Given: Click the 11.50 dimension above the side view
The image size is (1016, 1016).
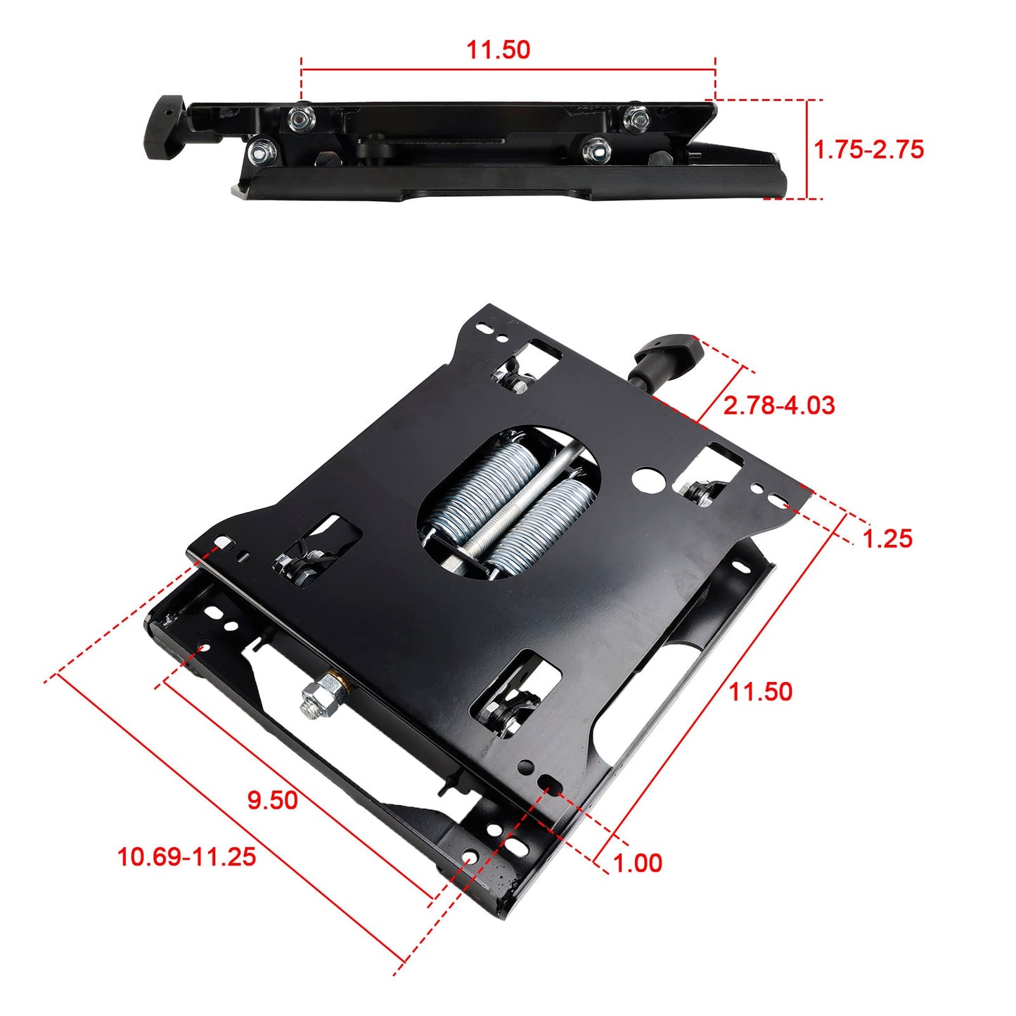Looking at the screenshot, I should click(499, 50).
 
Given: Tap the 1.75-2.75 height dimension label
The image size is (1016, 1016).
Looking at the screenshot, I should click(868, 150).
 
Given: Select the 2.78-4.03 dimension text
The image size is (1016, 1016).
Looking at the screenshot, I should click(778, 406).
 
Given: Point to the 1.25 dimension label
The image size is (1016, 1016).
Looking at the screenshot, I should click(887, 539).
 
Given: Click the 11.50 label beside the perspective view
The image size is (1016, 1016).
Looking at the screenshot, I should click(760, 691).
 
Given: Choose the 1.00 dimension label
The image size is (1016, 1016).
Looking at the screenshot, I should click(637, 863).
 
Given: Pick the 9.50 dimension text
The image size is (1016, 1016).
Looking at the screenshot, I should click(272, 799).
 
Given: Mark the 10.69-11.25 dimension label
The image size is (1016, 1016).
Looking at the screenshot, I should click(186, 856).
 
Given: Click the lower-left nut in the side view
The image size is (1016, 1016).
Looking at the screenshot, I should click(261, 150).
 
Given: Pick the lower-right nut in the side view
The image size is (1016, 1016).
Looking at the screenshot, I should click(596, 148).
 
